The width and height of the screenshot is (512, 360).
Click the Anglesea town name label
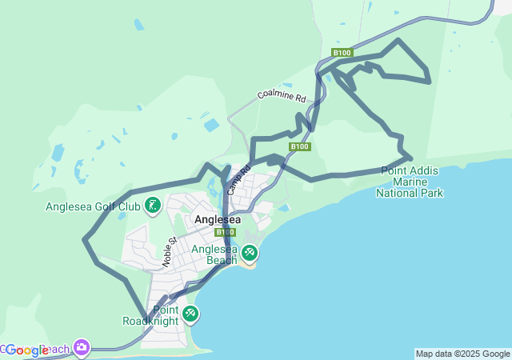[217, 219]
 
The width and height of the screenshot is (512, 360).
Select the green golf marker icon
[153, 207]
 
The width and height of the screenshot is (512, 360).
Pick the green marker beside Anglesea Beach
[250, 254]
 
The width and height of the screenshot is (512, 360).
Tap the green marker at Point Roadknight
[190, 314]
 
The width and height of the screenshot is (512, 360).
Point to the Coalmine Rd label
[282, 95]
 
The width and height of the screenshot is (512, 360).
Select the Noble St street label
[169, 253]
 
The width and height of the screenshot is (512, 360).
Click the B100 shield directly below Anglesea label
[224, 232]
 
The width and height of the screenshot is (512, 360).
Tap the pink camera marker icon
[81, 347]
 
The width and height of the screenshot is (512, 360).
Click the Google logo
[27, 350]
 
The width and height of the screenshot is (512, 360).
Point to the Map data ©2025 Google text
[462, 354]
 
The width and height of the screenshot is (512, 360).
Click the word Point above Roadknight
[166, 310]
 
